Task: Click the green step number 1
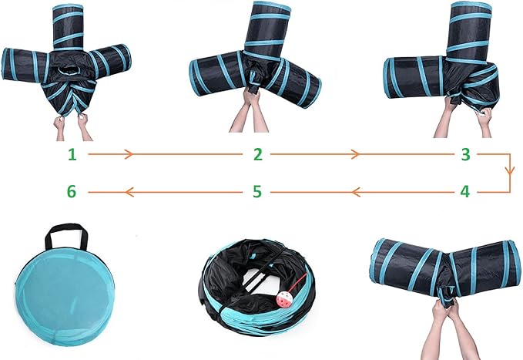click(72, 154)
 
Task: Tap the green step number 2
click(258, 154)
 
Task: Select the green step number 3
click(464, 154)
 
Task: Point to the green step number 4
click(464, 191)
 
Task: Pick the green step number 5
click(258, 191)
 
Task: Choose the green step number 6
click(72, 191)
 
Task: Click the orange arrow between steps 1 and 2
click(129, 155)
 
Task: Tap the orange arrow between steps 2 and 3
click(355, 155)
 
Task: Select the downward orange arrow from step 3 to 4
click(508, 172)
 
